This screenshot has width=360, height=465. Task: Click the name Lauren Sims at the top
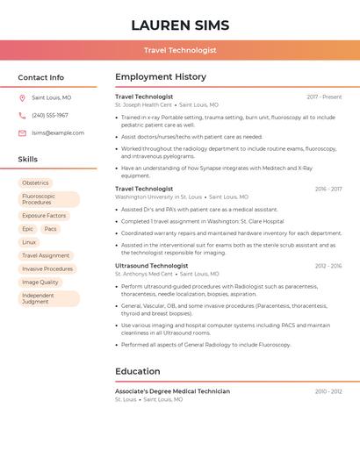[180, 25]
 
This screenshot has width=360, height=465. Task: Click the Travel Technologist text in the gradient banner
[180, 50]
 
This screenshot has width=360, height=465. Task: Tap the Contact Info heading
[40, 77]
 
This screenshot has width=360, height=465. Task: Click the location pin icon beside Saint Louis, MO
[22, 97]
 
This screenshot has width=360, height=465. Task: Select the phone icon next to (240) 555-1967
[22, 115]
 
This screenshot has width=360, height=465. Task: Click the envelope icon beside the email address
[22, 132]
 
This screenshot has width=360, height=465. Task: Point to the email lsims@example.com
[58, 132]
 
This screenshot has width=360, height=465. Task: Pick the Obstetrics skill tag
[35, 182]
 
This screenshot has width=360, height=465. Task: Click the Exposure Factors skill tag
[44, 215]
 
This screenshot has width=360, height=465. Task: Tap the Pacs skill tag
[50, 228]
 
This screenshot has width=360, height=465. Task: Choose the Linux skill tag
[29, 242]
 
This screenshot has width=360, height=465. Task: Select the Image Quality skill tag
[40, 282]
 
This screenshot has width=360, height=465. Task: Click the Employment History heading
[161, 77]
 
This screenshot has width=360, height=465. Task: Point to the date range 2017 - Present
[324, 97]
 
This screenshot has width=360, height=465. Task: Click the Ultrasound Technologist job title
[151, 265]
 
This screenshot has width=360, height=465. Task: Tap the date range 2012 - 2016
[328, 265]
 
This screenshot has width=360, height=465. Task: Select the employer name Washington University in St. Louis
[158, 197]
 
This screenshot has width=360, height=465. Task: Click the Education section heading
[138, 371]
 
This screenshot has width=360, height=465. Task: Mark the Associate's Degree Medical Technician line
[172, 391]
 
